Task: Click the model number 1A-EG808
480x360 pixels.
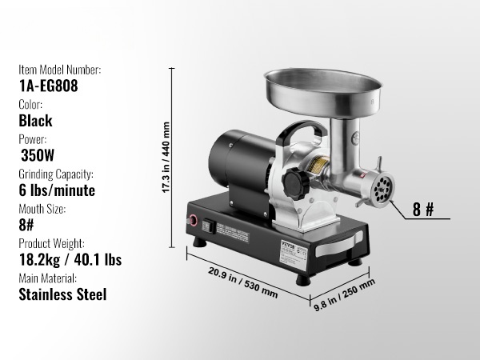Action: click(48, 86)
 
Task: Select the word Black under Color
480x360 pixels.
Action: click(35, 121)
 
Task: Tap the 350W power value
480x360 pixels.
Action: click(38, 155)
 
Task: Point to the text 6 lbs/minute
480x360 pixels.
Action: click(57, 190)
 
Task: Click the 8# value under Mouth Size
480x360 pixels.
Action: click(26, 225)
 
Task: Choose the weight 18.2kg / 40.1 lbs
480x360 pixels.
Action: click(70, 259)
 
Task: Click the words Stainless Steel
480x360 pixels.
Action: click(62, 294)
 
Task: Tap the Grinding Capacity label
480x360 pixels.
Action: click(56, 174)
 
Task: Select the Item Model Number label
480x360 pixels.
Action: click(60, 70)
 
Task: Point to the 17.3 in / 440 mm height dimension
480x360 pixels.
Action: click(166, 158)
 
